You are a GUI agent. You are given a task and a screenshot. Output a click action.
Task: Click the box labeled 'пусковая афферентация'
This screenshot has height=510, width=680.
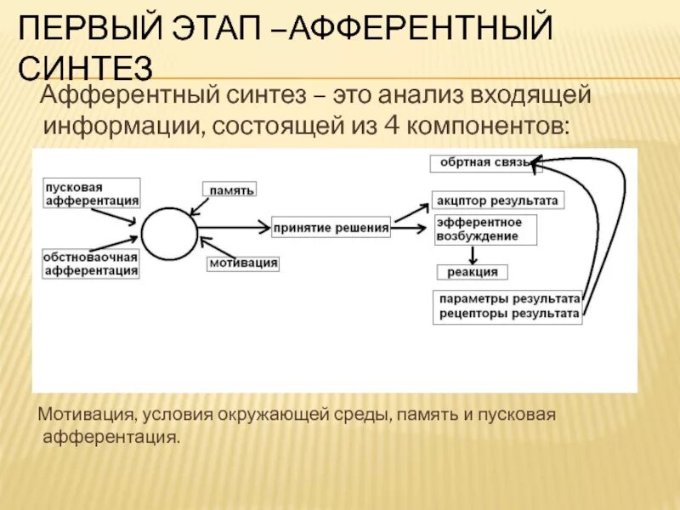click(92, 193)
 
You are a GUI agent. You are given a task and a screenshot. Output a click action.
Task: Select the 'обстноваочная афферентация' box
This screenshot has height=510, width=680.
click(92, 263)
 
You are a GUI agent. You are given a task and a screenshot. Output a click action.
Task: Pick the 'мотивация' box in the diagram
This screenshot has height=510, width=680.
click(243, 263)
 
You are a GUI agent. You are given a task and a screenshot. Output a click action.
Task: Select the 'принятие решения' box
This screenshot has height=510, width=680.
click(331, 227)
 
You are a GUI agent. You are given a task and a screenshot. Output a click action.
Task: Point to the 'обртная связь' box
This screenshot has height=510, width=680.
click(486, 161)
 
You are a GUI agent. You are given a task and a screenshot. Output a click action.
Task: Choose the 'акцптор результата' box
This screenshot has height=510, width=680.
click(497, 201)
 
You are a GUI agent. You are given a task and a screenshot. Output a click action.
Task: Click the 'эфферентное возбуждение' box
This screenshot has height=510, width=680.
click(484, 229)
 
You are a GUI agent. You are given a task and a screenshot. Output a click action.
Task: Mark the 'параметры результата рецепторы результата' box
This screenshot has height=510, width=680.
click(508, 306)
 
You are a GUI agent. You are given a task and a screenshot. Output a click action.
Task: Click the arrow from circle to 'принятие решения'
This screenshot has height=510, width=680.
click(233, 228)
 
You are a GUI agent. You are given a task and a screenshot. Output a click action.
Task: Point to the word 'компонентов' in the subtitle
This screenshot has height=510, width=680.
click(487, 126)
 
